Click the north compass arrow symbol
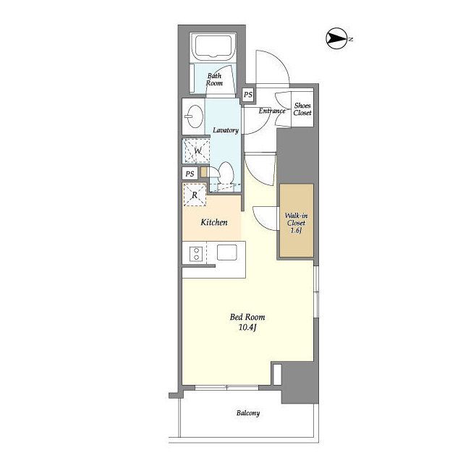tap(336, 38)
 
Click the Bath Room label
tap(214, 80)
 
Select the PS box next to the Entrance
tap(248, 95)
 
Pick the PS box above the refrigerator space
tap(190, 174)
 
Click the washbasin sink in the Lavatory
tap(195, 116)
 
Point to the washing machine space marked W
tap(196, 151)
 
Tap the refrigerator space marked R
tap(195, 195)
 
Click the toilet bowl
tap(226, 174)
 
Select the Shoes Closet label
tap(302, 109)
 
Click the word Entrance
tap(272, 111)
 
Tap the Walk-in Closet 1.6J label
tap(296, 223)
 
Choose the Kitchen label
tap(214, 222)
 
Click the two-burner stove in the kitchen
tap(196, 254)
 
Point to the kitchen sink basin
tap(226, 252)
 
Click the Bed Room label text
tap(247, 317)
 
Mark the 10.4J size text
tap(247, 328)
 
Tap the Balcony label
tap(248, 413)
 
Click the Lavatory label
tap(226, 130)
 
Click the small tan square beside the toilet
tap(204, 172)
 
